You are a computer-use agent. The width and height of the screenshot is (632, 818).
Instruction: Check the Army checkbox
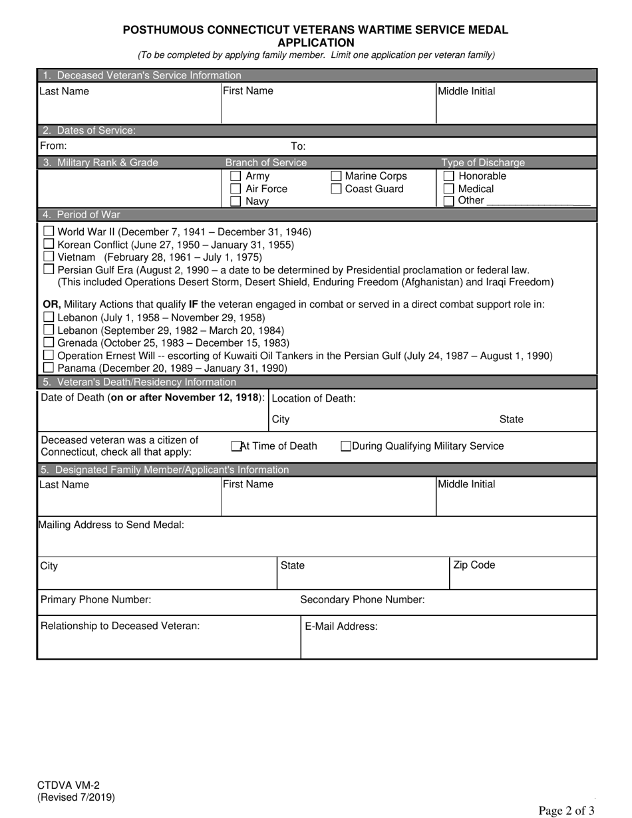[235, 176]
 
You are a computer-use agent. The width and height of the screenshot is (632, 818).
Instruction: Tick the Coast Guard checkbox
[336, 189]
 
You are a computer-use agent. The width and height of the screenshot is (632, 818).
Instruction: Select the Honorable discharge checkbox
[448, 176]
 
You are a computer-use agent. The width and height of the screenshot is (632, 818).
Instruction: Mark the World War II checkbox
[49, 231]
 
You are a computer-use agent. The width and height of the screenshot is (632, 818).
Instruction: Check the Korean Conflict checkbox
[49, 244]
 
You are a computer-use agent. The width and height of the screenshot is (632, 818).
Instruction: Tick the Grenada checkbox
[49, 342]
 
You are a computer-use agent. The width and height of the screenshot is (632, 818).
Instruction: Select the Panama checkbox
[49, 368]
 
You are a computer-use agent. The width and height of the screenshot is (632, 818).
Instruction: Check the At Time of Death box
[236, 446]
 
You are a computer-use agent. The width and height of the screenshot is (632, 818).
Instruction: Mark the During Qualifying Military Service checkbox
[346, 446]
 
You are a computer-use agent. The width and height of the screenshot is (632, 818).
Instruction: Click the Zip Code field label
[474, 565]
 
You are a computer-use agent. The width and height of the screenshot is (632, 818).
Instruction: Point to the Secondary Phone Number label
[362, 600]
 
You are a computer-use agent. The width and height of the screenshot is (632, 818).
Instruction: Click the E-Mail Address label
[341, 626]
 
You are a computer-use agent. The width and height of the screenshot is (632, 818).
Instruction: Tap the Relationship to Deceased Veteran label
[120, 626]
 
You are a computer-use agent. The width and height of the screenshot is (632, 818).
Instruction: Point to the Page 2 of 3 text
[566, 810]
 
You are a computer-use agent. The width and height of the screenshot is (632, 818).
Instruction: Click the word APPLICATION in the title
[315, 43]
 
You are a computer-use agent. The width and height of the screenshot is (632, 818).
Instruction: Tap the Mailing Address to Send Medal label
[111, 525]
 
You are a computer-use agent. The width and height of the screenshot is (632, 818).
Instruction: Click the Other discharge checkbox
[448, 201]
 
